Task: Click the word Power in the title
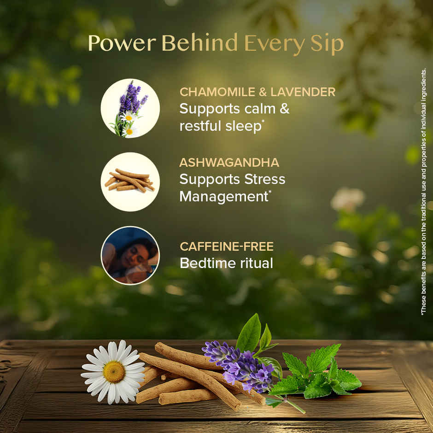click(122, 44)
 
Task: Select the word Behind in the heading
click(200, 44)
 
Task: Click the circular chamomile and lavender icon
click(130, 108)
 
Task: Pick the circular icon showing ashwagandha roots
click(130, 181)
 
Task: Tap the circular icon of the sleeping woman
click(130, 255)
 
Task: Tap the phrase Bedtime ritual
click(226, 263)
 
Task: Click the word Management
click(223, 196)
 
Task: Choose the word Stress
click(264, 179)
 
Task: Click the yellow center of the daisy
click(114, 371)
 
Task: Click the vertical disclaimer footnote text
click(423, 191)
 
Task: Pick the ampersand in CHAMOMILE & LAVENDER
click(262, 92)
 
